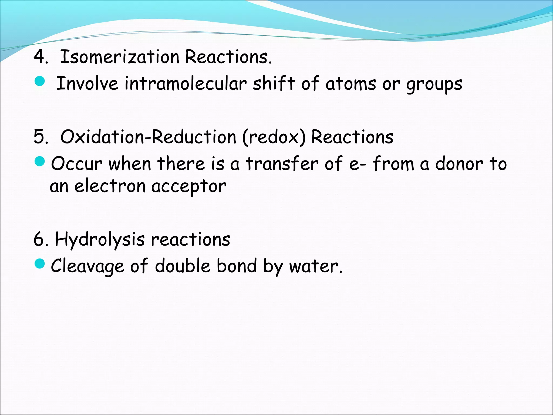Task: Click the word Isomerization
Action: (120, 57)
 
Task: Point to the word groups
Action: (434, 84)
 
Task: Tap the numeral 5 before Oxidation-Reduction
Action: (39, 136)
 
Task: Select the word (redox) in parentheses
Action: (274, 137)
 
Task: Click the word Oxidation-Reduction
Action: (148, 136)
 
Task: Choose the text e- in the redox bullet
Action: (358, 164)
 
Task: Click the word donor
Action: (459, 164)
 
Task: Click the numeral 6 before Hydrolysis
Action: (39, 239)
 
